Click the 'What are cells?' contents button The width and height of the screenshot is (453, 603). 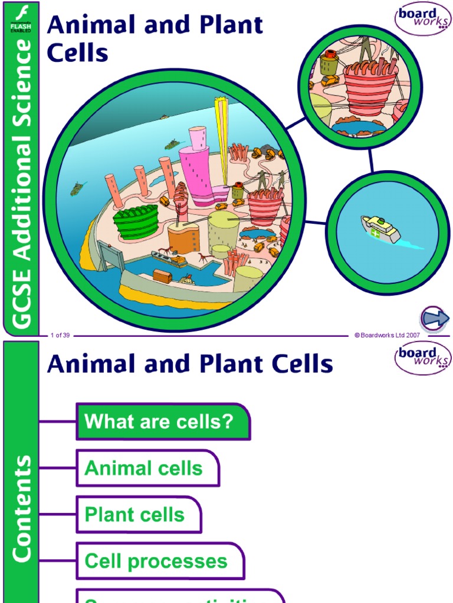coord(162,422)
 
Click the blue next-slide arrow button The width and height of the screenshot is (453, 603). coord(435,319)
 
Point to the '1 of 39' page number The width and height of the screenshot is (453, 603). coord(60,335)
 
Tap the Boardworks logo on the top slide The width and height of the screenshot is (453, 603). coord(421,19)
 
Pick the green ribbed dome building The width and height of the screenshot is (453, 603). coord(136,221)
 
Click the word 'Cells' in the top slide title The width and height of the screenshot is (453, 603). coord(77,53)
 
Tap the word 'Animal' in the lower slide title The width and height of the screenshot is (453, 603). coord(85,365)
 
